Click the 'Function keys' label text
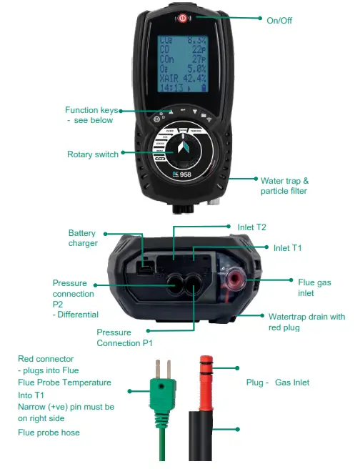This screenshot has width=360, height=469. coord(91,110)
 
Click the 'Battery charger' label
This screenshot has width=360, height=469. coord(81,239)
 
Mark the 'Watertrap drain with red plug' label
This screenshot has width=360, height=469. coord(306,322)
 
